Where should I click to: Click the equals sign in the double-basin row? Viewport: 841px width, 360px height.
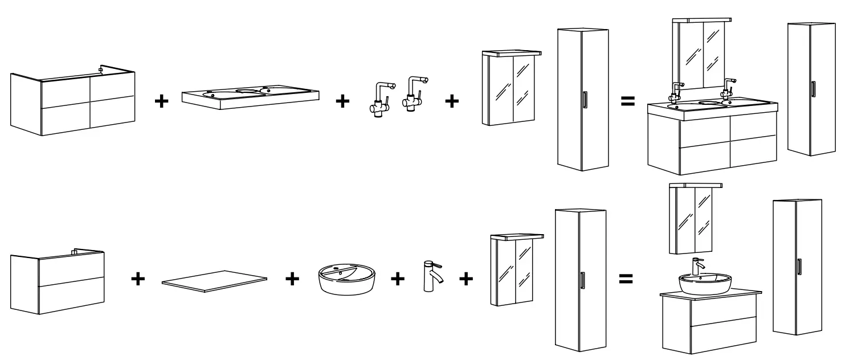(627, 102)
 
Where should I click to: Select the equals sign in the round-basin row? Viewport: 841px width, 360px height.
(626, 279)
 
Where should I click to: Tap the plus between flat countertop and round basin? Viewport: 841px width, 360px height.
(292, 279)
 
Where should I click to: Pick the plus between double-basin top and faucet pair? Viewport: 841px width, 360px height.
(342, 102)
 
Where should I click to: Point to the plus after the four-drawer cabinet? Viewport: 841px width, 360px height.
(162, 102)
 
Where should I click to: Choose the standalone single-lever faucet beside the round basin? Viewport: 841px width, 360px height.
(430, 276)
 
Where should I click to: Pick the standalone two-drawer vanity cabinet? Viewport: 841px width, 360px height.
(57, 282)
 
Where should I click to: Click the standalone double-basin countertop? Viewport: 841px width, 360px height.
(251, 97)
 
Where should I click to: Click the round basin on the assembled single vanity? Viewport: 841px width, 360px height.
(705, 282)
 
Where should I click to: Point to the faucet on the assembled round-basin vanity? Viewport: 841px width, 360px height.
(697, 265)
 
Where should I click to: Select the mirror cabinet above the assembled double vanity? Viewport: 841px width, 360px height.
(702, 54)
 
